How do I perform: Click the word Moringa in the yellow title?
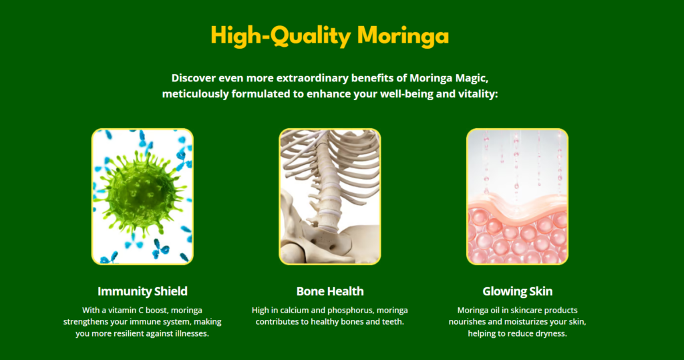tap(403, 36)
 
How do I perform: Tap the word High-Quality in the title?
tap(281, 36)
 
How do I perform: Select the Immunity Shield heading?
tap(143, 291)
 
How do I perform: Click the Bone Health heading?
tap(330, 291)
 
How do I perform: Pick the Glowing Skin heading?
tap(518, 291)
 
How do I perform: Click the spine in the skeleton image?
tap(326, 183)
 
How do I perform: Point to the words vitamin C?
tap(128, 311)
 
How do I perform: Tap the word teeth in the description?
tap(393, 322)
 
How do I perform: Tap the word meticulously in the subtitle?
tap(196, 94)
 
